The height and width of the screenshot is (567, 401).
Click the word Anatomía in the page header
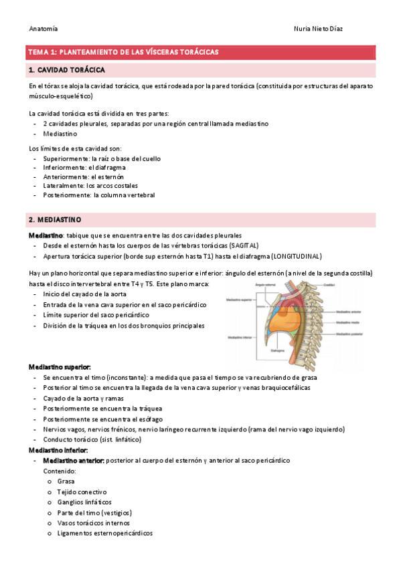[44, 29]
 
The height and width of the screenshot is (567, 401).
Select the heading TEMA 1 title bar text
[123, 51]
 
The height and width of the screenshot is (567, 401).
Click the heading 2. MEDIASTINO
[55, 219]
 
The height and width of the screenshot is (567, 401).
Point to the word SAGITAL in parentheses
[241, 245]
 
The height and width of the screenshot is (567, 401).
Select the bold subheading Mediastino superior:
[60, 367]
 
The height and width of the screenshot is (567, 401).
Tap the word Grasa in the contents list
[66, 481]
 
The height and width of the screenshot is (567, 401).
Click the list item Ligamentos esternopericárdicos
[104, 534]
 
